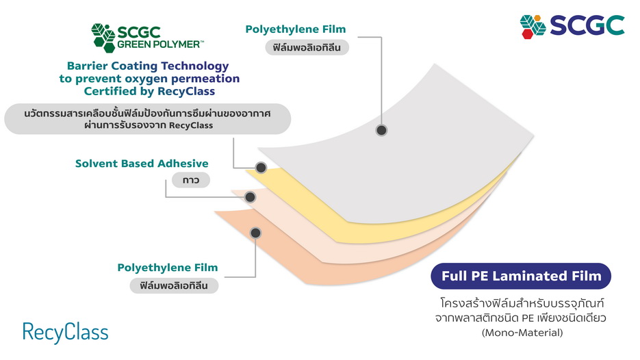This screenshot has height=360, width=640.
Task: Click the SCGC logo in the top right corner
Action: tap(572, 25)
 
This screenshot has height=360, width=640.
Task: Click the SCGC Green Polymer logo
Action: tap(147, 38)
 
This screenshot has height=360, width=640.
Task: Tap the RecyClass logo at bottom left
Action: tap(65, 333)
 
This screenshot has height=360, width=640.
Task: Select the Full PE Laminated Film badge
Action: tap(521, 277)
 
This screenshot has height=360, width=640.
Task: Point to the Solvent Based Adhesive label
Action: tap(142, 164)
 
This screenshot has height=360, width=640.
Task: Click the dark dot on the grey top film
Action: tap(381, 130)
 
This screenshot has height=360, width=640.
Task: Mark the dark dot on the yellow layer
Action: tap(260, 168)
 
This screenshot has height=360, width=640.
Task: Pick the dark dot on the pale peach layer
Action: tap(250, 197)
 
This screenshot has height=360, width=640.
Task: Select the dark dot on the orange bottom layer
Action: tap(255, 233)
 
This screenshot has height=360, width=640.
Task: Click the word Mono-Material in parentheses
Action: tap(522, 333)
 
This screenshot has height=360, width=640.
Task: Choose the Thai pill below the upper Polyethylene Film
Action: tap(307, 48)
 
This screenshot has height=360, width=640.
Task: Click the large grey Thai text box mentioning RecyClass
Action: tap(148, 118)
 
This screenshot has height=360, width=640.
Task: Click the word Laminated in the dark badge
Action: tap(530, 277)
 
